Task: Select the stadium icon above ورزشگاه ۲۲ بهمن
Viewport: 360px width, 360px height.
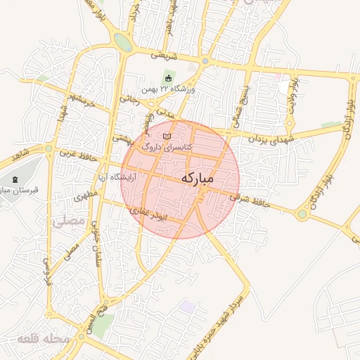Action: (x=169, y=78)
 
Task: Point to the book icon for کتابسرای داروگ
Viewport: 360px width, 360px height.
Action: (x=167, y=136)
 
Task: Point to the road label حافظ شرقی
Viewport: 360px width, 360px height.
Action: (x=251, y=201)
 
